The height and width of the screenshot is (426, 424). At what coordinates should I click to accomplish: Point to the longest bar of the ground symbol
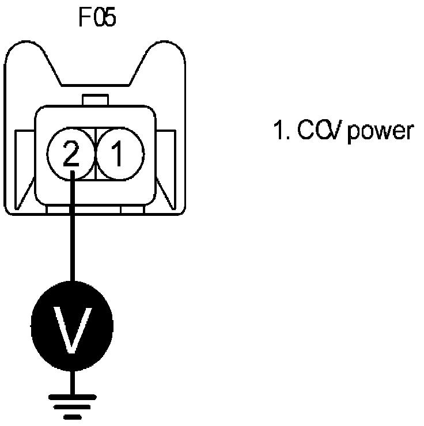coord(72,397)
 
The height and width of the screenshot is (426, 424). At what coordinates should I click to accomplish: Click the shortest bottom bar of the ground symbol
coord(72,416)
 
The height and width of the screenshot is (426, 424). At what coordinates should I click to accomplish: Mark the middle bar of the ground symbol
coord(72,406)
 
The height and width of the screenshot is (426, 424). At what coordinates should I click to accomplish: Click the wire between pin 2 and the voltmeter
coord(72,230)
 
